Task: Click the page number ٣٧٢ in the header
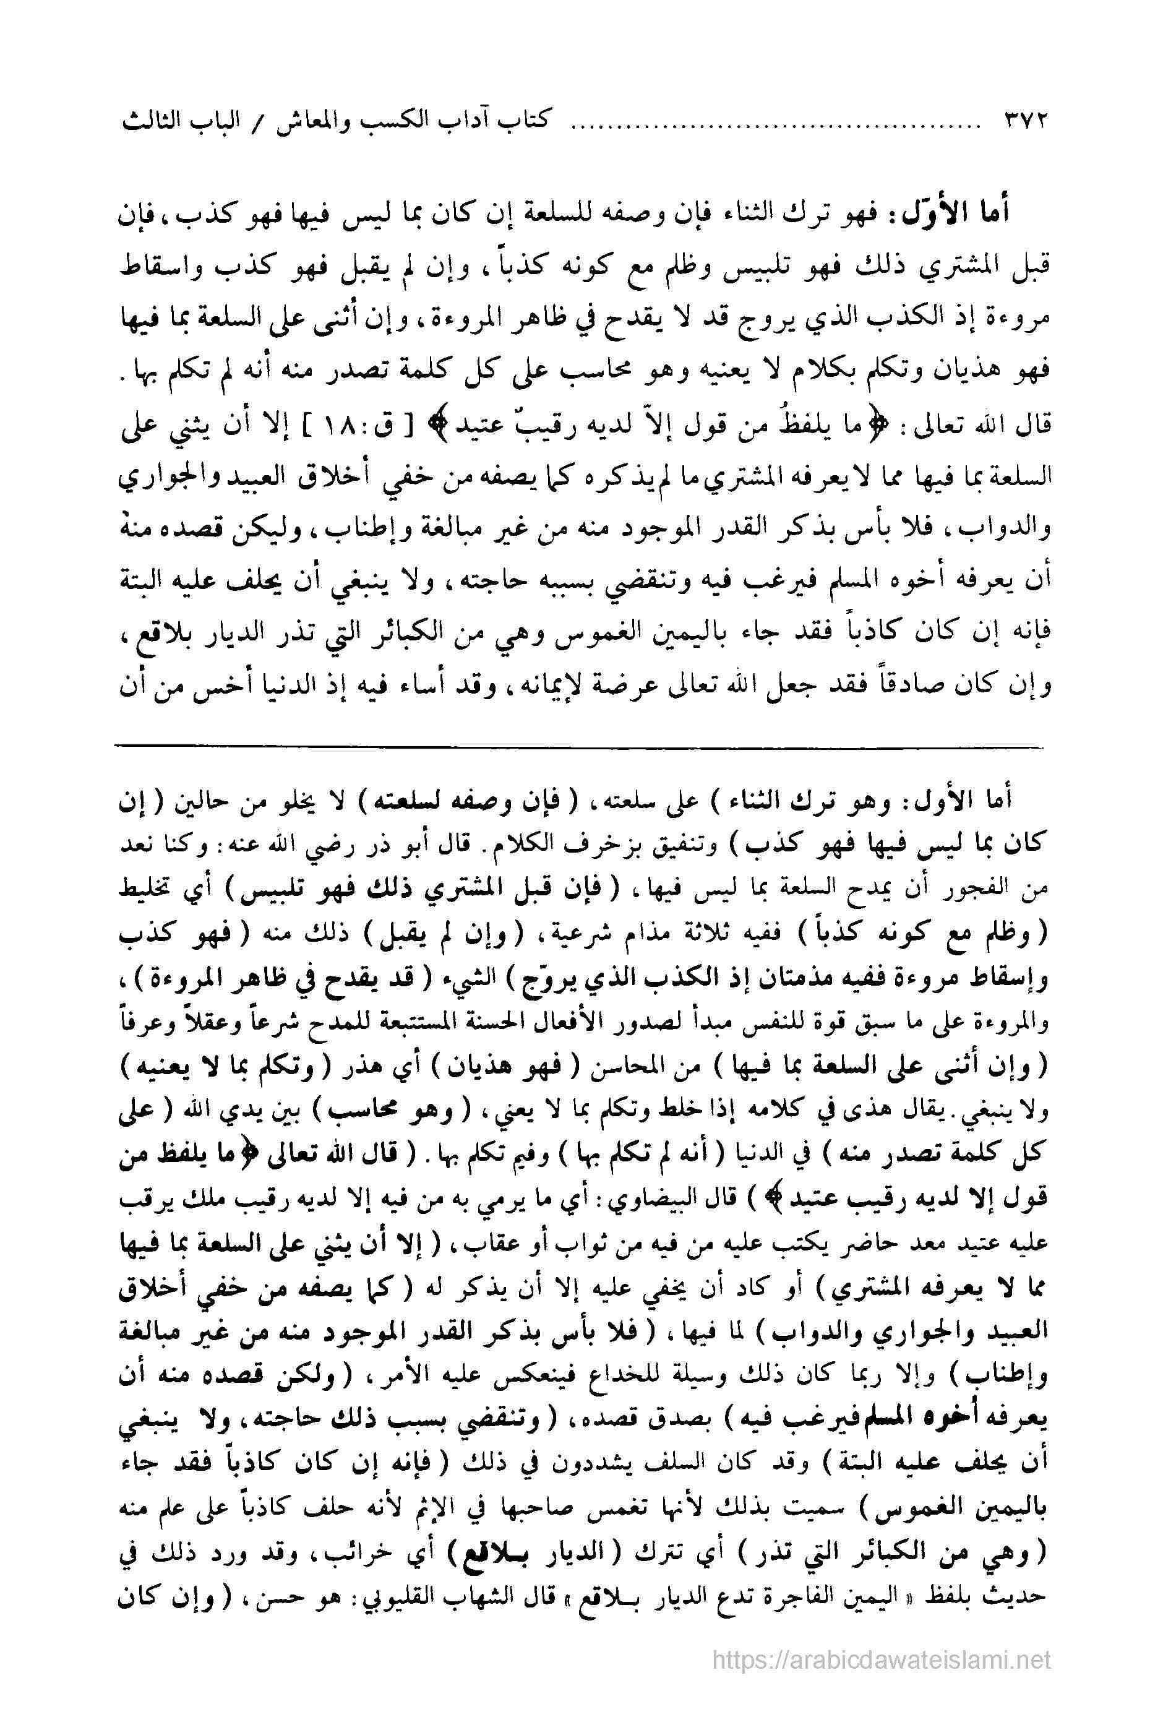[1018, 121]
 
